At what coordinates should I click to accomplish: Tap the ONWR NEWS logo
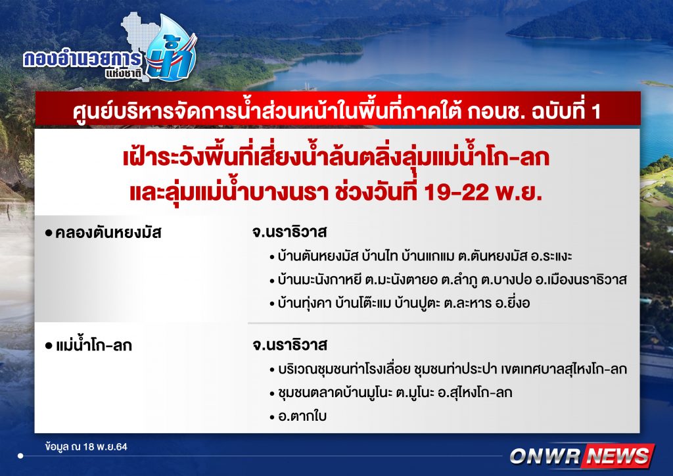tap(582, 456)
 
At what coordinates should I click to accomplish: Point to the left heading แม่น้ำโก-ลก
tap(94, 346)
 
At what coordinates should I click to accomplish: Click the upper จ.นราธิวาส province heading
tap(289, 232)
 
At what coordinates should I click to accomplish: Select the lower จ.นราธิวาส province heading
tap(289, 345)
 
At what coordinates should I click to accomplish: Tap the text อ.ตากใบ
tap(302, 416)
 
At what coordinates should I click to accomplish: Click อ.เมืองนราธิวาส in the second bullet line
tap(581, 280)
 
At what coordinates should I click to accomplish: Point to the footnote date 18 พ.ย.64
tap(106, 447)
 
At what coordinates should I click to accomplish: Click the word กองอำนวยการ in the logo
tap(82, 59)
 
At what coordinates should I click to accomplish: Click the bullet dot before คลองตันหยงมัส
tap(49, 233)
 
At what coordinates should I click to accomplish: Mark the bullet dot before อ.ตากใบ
tap(272, 417)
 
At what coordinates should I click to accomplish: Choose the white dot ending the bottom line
tap(20, 456)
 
